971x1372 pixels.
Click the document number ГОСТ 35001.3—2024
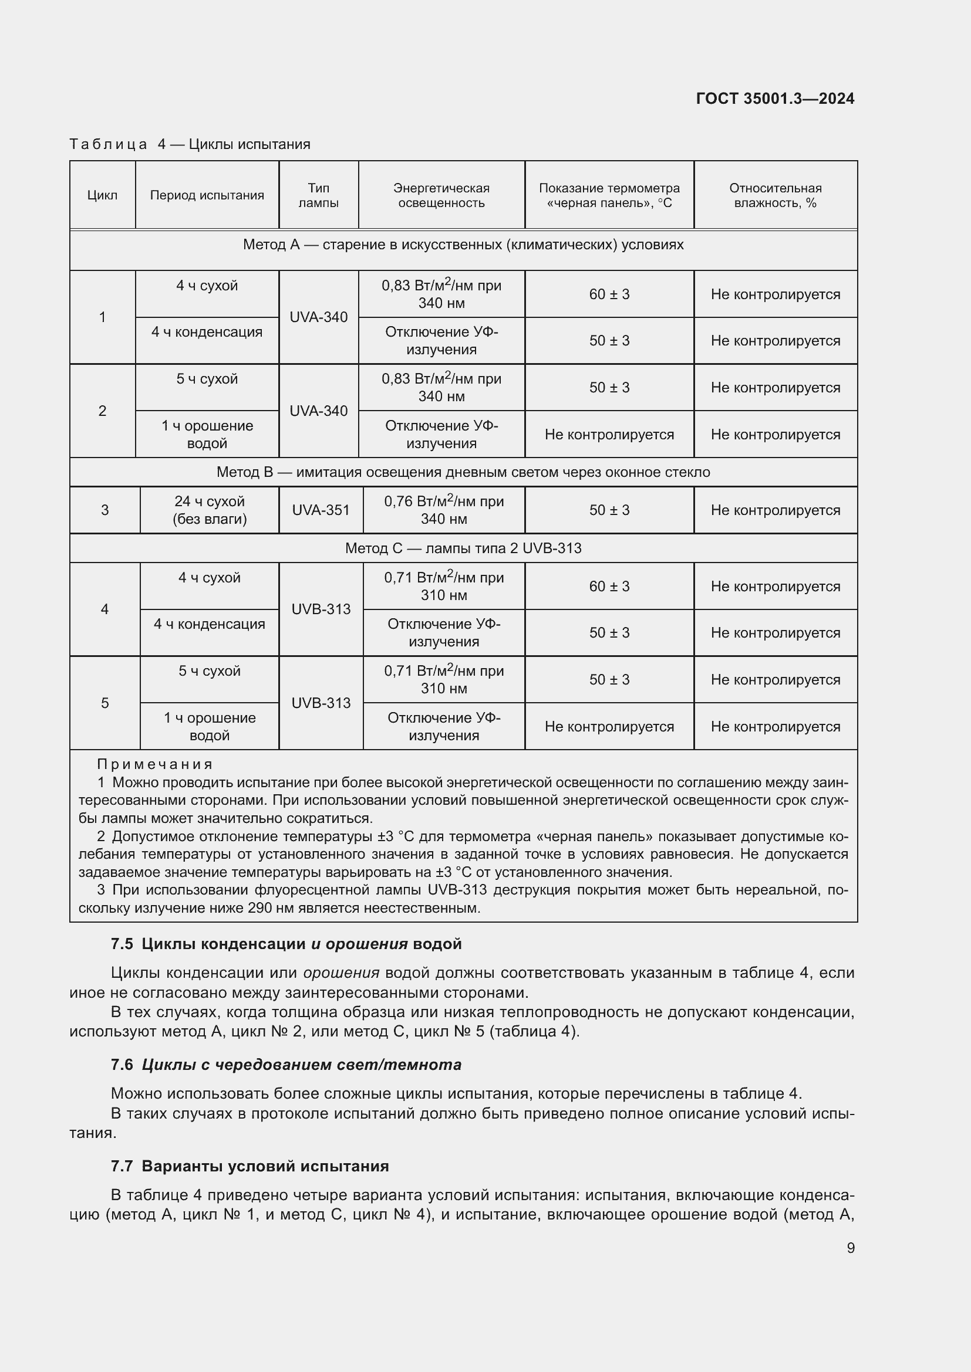click(x=775, y=99)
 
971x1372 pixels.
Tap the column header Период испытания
click(x=207, y=195)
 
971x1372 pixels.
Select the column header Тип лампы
click(x=318, y=195)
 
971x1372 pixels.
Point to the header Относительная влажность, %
click(x=775, y=195)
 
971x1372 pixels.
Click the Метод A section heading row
click(x=463, y=245)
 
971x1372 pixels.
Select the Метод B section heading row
click(x=463, y=472)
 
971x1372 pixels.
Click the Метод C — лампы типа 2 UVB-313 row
click(x=463, y=548)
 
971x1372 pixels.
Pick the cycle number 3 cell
click(x=104, y=510)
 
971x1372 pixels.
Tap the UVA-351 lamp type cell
click(x=321, y=510)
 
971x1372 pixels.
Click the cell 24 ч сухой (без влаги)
click(x=209, y=510)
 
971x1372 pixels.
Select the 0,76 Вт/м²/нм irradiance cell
click(x=444, y=510)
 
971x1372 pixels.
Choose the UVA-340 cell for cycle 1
click(x=318, y=317)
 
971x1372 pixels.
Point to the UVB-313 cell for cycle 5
click(x=321, y=703)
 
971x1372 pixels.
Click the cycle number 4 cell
click(x=104, y=609)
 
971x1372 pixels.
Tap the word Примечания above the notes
click(x=154, y=764)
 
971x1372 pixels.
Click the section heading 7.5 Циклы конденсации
click(x=286, y=944)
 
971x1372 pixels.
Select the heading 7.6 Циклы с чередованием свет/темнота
click(x=286, y=1064)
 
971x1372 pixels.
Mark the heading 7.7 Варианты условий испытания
click(x=250, y=1166)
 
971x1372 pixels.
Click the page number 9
click(x=850, y=1248)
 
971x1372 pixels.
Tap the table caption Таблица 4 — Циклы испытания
click(x=190, y=144)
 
